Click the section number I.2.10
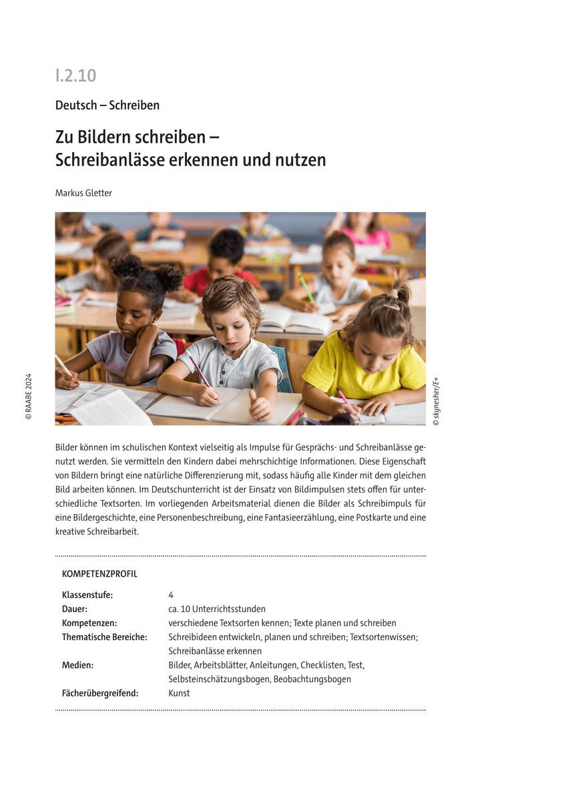pyautogui.click(x=76, y=75)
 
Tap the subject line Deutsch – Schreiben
pyautogui.click(x=107, y=105)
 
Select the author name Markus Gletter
pyautogui.click(x=83, y=193)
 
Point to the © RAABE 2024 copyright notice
pyautogui.click(x=28, y=396)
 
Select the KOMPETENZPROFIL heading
pyautogui.click(x=99, y=574)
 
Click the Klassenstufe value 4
pyautogui.click(x=171, y=595)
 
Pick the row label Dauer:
pyautogui.click(x=75, y=609)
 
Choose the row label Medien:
pyautogui.click(x=77, y=665)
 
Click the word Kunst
pyautogui.click(x=179, y=693)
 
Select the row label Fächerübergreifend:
pyautogui.click(x=100, y=693)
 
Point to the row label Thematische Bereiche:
pyautogui.click(x=104, y=637)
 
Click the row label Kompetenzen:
pyautogui.click(x=89, y=623)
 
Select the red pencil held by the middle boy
pyautogui.click(x=200, y=372)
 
